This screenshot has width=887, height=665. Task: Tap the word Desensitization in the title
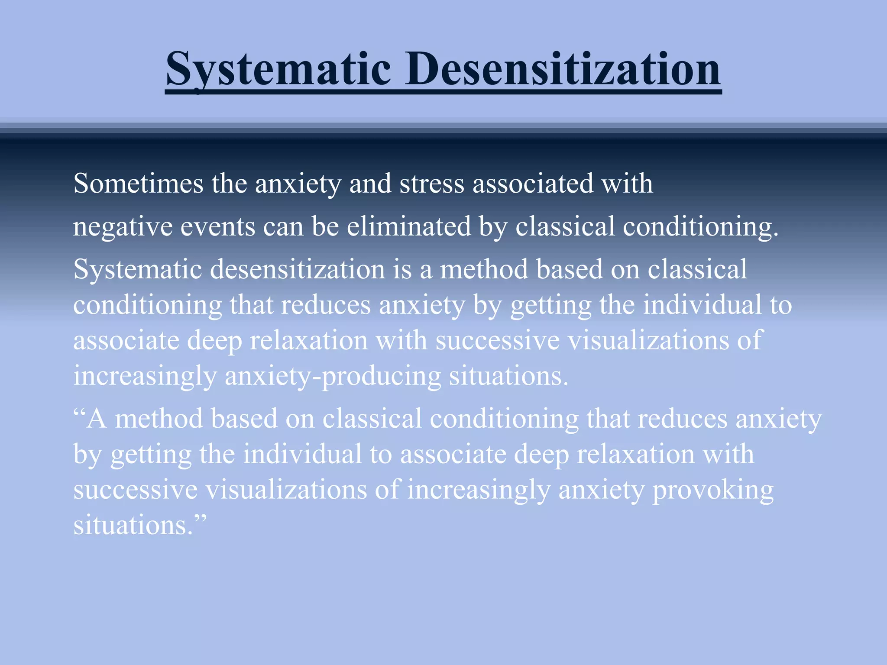click(x=563, y=69)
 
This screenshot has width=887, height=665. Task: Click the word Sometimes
click(x=138, y=184)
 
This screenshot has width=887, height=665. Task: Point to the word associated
click(x=533, y=184)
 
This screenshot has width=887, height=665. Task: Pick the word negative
click(x=123, y=227)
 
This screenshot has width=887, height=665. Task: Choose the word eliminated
click(x=408, y=226)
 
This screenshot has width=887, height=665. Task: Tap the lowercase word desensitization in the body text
click(x=298, y=269)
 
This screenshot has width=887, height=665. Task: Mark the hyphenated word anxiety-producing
click(x=333, y=376)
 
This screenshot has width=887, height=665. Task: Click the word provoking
click(x=712, y=491)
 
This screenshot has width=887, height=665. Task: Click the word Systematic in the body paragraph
click(x=138, y=269)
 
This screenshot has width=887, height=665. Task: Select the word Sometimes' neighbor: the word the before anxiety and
click(x=229, y=184)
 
